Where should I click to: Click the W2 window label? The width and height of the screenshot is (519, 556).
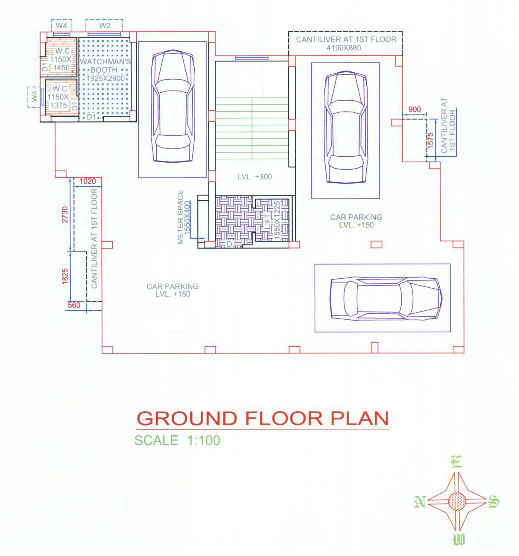(105, 25)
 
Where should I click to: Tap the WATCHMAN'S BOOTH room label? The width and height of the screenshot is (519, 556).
(105, 65)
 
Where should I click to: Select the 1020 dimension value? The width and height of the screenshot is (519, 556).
(87, 181)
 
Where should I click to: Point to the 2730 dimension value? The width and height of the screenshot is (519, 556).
(65, 214)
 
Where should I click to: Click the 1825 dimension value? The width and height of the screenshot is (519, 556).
(65, 276)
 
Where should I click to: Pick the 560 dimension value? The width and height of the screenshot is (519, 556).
(74, 305)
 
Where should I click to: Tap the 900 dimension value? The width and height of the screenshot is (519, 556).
(414, 109)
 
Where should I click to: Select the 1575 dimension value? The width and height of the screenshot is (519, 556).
(430, 140)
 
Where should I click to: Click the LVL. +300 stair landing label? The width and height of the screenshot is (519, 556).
(255, 177)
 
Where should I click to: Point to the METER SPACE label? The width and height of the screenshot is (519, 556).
(181, 217)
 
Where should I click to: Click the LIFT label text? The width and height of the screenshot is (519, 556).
(268, 221)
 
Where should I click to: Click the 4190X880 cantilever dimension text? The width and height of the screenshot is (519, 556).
(344, 48)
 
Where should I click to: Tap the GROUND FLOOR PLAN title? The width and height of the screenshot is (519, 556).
(262, 418)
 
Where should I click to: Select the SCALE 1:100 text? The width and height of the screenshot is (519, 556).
(177, 440)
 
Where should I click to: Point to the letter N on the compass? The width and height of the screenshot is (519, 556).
(420, 501)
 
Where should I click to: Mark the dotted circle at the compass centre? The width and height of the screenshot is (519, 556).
(457, 501)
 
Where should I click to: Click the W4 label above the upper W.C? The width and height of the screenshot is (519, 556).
(61, 25)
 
